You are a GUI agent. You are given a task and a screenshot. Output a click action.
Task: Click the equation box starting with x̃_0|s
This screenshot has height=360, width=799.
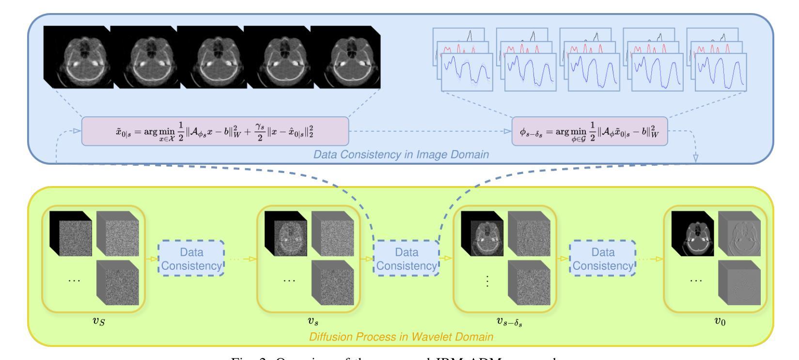(x=215, y=131)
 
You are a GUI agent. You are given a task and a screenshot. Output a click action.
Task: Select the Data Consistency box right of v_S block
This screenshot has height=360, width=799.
(x=191, y=259)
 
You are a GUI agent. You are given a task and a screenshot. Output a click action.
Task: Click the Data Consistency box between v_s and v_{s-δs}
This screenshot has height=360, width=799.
(x=406, y=259)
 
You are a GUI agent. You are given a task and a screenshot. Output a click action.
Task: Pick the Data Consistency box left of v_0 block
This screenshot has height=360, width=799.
(x=602, y=259)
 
